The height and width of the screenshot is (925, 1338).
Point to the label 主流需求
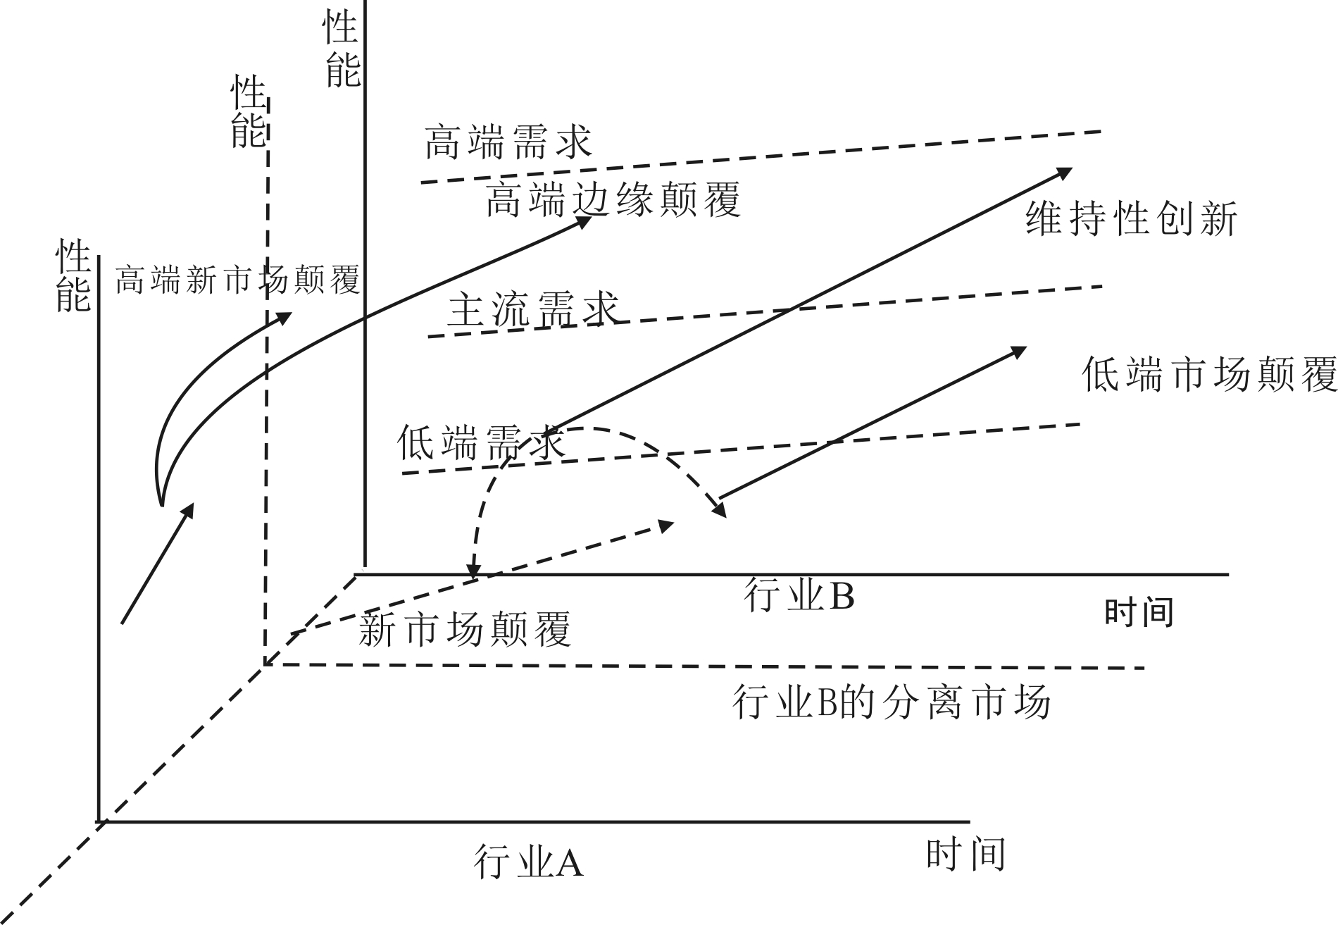(x=533, y=309)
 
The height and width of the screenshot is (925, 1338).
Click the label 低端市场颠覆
(x=1209, y=373)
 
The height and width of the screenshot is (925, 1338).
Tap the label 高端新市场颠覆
(x=237, y=280)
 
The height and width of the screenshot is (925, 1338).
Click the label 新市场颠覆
(x=465, y=629)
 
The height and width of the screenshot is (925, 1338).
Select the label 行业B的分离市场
(x=892, y=702)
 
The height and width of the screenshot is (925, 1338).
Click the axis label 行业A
(x=529, y=862)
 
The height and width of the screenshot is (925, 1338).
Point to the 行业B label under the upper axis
(x=799, y=596)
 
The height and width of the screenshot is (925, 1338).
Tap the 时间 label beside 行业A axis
(x=965, y=854)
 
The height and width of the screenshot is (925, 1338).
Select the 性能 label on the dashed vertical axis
(x=249, y=113)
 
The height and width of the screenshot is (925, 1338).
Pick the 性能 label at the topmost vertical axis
(x=342, y=50)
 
